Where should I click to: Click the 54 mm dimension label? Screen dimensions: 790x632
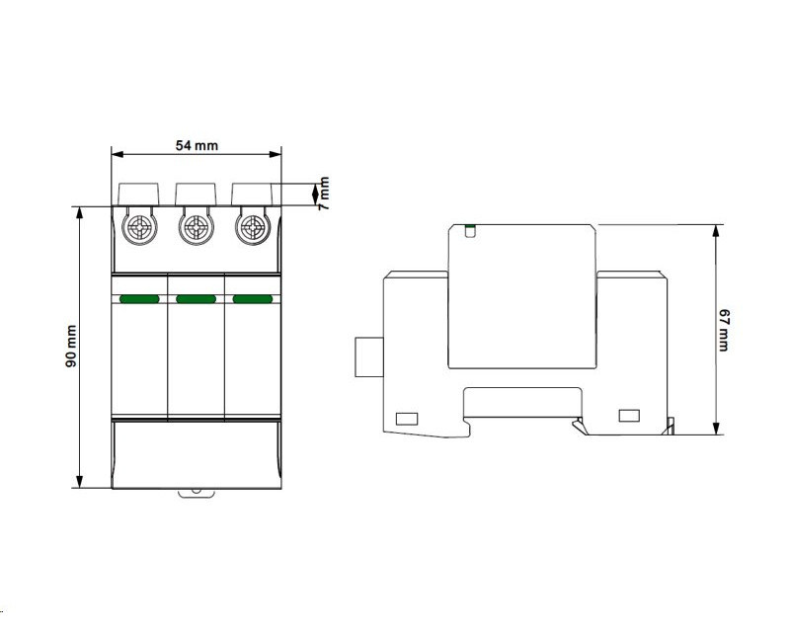pyautogui.click(x=197, y=145)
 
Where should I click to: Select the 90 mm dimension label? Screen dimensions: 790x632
pyautogui.click(x=71, y=346)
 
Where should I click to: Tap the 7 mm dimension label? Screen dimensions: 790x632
pyautogui.click(x=324, y=193)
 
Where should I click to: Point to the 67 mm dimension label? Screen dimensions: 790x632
pyautogui.click(x=723, y=331)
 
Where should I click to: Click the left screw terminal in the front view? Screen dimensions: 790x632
pyautogui.click(x=140, y=228)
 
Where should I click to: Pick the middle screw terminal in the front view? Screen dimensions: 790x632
pyautogui.click(x=196, y=228)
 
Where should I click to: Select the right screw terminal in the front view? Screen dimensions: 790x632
pyautogui.click(x=252, y=228)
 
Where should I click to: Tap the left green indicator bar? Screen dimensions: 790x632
pyautogui.click(x=139, y=299)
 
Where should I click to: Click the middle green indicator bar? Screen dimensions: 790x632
pyautogui.click(x=196, y=299)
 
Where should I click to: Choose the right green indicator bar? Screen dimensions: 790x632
pyautogui.click(x=253, y=299)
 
